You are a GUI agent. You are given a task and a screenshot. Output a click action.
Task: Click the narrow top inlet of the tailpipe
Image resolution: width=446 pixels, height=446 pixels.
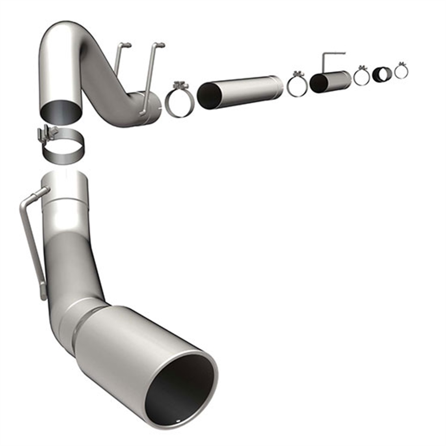click(x=65, y=178)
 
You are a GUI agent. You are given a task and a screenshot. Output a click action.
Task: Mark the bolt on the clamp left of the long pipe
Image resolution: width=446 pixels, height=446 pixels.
click(x=178, y=85)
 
